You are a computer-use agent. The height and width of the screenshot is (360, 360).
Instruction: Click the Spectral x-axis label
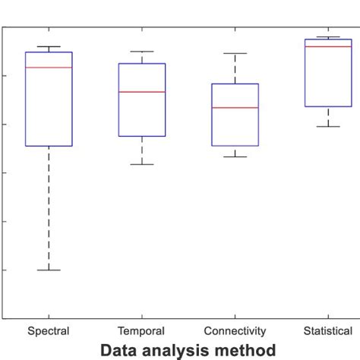coord(49,331)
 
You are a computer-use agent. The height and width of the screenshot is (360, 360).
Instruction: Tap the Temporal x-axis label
coord(141,331)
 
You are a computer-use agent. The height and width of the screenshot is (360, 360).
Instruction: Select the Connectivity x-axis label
coord(235,331)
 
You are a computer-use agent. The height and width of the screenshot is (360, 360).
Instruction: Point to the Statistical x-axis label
coord(328,331)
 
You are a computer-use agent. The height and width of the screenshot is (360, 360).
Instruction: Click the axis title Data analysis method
coord(188,350)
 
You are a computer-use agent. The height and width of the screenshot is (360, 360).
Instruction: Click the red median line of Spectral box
coord(49,68)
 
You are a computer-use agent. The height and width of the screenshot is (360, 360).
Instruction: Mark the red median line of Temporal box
coord(142,92)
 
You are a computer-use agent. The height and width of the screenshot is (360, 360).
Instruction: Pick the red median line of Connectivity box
coord(235,108)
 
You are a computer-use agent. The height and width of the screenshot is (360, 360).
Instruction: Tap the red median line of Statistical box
coord(328,46)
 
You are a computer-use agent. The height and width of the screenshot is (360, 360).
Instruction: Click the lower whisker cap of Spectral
coord(49,270)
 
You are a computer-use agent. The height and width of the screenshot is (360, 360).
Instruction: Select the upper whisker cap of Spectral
coord(49,46)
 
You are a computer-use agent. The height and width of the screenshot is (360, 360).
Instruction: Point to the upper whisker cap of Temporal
coord(142,52)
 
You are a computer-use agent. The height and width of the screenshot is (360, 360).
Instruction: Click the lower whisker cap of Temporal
coord(142,164)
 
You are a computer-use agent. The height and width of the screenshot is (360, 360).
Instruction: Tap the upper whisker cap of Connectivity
coord(235,54)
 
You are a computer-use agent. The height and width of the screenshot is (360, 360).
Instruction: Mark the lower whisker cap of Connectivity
coord(235,156)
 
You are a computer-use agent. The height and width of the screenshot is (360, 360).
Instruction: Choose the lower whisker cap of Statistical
coord(328,126)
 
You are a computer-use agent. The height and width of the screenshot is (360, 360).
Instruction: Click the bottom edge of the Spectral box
coord(49,145)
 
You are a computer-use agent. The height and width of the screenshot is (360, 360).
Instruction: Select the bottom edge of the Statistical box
coord(328,106)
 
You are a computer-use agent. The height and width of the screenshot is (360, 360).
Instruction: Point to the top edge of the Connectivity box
coord(235,84)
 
